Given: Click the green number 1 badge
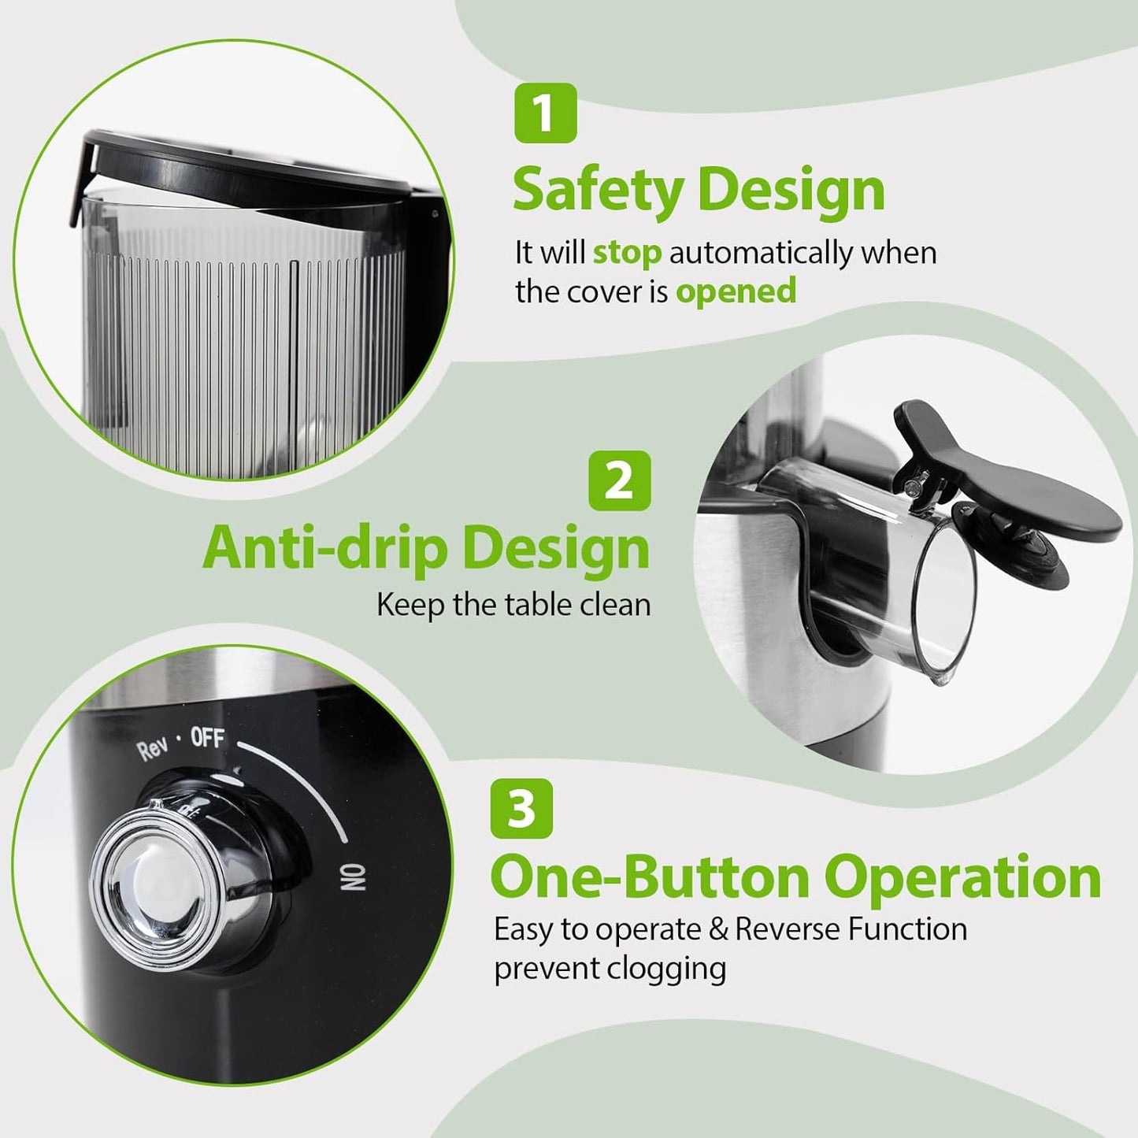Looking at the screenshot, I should pos(545,113).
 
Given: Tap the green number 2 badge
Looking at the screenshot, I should pos(620,480).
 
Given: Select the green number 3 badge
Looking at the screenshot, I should pos(521,809).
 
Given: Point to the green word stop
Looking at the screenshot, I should pos(627,253).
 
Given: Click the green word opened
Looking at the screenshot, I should pos(736,291).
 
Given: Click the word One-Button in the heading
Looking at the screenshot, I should pos(650,877).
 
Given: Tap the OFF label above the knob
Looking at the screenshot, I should pos(208,739).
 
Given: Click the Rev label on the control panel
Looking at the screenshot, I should pos(152,749).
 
